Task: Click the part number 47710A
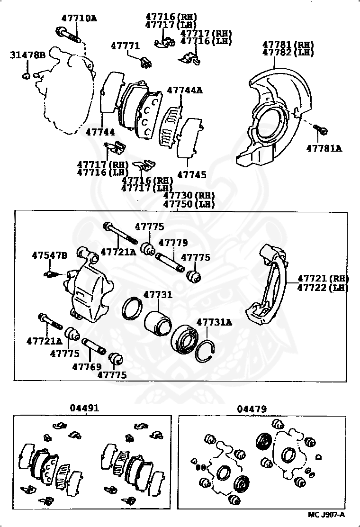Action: tap(79, 18)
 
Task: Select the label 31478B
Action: tap(27, 55)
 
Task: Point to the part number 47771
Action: tap(125, 46)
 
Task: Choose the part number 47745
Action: tap(192, 175)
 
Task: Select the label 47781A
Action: tap(324, 148)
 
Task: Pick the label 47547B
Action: tap(50, 255)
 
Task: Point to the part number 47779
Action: tap(173, 243)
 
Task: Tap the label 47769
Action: tap(87, 366)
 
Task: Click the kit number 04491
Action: tap(85, 408)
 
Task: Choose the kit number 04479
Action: tap(252, 409)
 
